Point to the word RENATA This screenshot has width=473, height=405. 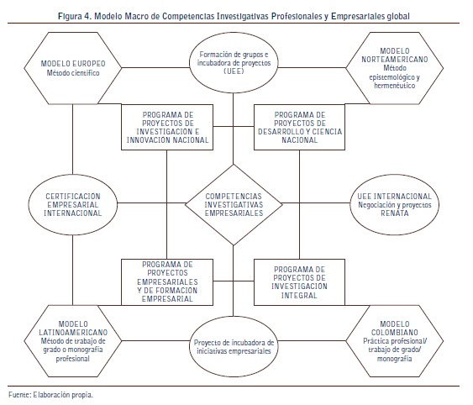(x=395, y=213)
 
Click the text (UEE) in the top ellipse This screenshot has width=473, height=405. (x=234, y=71)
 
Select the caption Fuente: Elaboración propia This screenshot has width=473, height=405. (x=50, y=395)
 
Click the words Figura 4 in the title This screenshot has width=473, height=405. (x=75, y=16)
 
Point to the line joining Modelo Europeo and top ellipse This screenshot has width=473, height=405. (x=155, y=67)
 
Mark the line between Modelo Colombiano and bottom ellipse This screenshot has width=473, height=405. (x=312, y=341)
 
